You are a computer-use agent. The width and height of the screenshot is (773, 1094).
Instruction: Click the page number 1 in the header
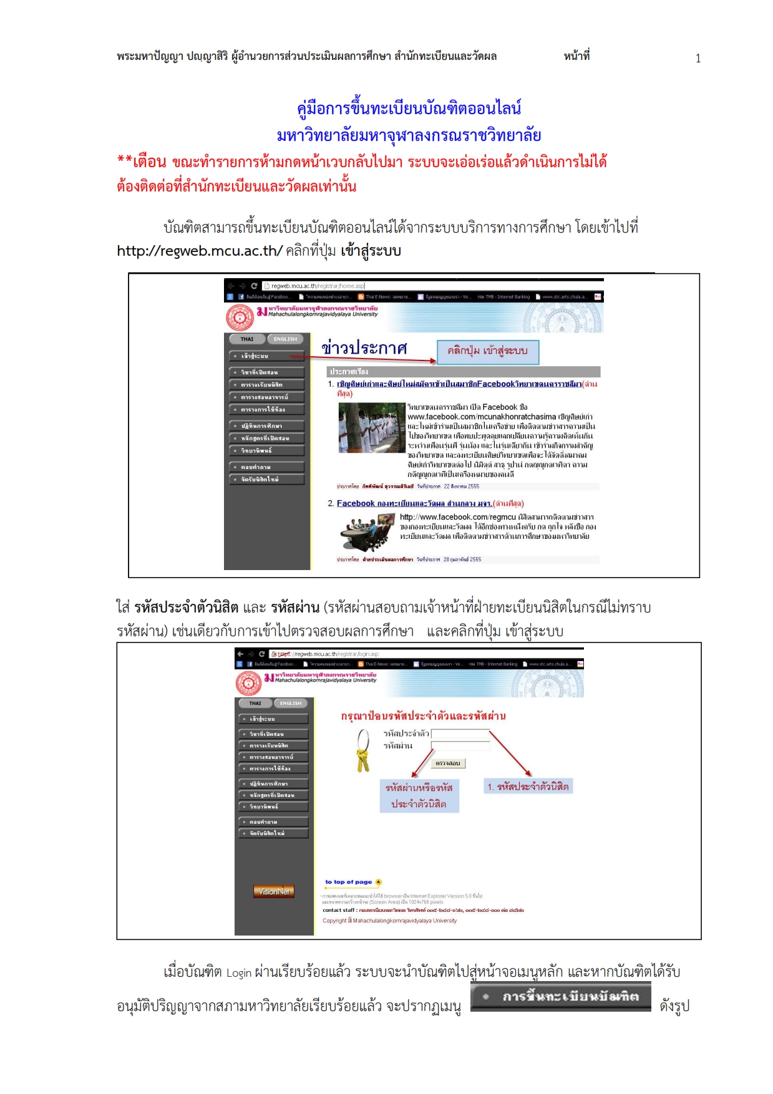coord(698,59)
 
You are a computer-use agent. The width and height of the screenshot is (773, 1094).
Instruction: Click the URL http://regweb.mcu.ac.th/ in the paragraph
coord(200,251)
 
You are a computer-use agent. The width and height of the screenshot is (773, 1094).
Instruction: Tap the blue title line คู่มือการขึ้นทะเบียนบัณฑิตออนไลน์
coord(409,109)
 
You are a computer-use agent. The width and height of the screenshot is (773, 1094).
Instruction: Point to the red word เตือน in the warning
coord(149,162)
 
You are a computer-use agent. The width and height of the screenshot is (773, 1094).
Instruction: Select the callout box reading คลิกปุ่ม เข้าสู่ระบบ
coord(487,351)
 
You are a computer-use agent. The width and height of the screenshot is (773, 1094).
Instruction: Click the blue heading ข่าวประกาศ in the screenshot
coord(364,348)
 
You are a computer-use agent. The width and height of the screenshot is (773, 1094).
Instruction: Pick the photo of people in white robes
coord(371,427)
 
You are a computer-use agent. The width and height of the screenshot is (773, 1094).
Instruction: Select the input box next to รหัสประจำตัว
coord(460,733)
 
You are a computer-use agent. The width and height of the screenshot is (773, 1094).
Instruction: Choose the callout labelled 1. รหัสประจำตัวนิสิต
coord(528,787)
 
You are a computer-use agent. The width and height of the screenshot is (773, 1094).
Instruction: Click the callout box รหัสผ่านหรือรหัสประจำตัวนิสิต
coord(419,795)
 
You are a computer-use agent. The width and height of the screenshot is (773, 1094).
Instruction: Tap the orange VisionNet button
coord(273,891)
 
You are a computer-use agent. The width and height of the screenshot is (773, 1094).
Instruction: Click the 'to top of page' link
coord(349,882)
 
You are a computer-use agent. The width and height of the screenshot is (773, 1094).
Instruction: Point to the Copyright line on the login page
coord(389,921)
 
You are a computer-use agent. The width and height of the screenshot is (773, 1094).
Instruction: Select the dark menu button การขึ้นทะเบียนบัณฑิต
coord(560,997)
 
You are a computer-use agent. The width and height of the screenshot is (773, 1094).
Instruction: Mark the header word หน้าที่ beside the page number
coord(576,56)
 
